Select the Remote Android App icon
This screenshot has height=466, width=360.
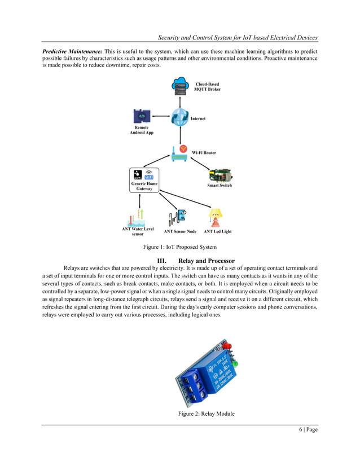(142, 116)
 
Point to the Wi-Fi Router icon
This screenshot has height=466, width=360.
(179, 153)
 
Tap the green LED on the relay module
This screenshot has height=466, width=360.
(235, 361)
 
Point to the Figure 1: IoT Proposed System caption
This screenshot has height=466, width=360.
(180, 248)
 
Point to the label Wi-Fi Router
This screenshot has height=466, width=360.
(203, 153)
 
